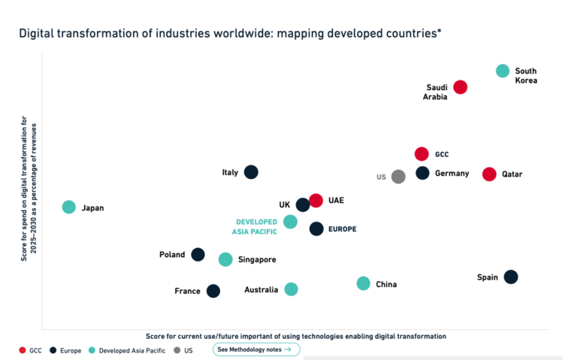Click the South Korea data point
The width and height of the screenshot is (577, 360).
pos(503,71)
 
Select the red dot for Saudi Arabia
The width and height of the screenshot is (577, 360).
pos(460,87)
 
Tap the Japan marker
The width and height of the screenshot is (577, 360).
pos(69,207)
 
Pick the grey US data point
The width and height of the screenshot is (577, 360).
pos(398,177)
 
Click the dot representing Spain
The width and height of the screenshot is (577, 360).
pos(511,277)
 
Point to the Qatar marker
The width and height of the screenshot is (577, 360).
pos(489,174)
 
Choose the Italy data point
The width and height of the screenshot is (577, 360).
pos(251,172)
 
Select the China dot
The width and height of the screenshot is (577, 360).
pos(364,283)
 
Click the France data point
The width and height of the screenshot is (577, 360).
pos(213,291)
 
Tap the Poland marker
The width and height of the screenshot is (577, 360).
pos(198,255)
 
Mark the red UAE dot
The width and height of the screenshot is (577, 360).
pos(316,201)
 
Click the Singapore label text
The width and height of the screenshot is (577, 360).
pos(258,260)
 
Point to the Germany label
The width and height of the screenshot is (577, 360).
pos(452,174)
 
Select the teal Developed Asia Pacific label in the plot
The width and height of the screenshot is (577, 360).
pos(257,227)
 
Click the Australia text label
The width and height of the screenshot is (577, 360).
pos(261,290)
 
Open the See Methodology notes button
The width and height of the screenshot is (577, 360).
pos(256,349)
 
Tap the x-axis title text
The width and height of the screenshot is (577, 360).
pos(296,336)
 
